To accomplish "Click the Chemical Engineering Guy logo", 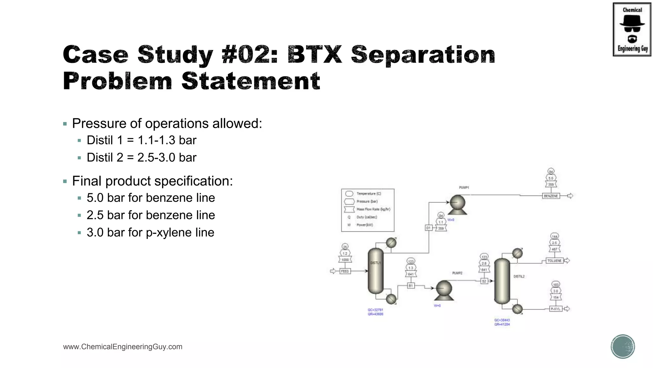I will coord(632,29).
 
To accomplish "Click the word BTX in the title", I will coord(314,54).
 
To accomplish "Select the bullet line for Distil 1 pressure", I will coord(141,140).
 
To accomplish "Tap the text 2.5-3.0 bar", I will coord(167,157).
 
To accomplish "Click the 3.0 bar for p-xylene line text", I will coord(150,233).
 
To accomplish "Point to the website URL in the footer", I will coord(123,347).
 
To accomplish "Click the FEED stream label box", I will coord(345,271).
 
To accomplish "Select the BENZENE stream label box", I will coord(551,196).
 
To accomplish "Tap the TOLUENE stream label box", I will coord(554,261).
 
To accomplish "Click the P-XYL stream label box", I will coord(555,309).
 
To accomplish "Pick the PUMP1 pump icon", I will coord(458,204).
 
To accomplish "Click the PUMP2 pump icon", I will coord(444,290).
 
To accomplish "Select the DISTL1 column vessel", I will coord(376,271).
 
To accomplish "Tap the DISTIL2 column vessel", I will coord(502,281).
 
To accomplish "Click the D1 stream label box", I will coord(429,228).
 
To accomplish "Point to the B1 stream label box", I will coord(411,286).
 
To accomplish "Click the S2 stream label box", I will coord(484,281).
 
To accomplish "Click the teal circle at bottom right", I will coord(623,346).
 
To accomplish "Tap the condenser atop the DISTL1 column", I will coord(391,243).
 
